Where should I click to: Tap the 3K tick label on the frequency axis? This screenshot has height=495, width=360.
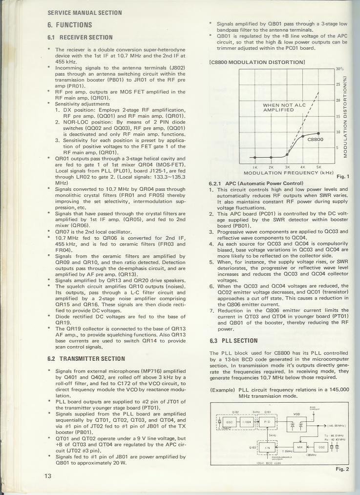(x=287, y=166)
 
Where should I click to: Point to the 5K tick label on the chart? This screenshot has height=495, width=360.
(x=318, y=166)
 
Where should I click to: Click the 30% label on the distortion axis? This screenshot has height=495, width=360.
(x=339, y=69)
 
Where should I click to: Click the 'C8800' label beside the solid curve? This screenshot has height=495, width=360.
(x=315, y=140)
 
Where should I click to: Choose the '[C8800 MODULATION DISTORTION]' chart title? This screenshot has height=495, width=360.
(x=257, y=62)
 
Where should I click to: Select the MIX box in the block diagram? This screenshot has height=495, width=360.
(x=300, y=446)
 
